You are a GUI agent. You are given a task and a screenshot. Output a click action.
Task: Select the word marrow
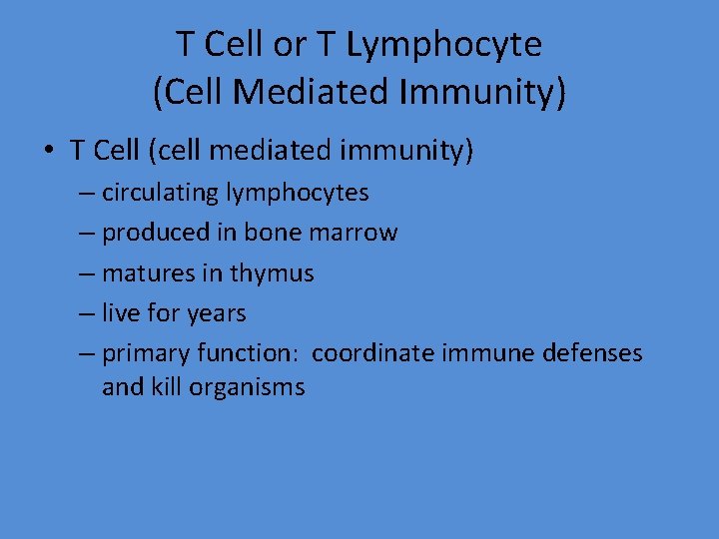coord(352,233)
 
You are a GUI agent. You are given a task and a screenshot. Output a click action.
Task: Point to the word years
coord(216,312)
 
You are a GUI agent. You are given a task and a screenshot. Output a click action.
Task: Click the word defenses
coord(593,353)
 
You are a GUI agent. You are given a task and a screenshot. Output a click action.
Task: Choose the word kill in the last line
coord(169,386)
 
